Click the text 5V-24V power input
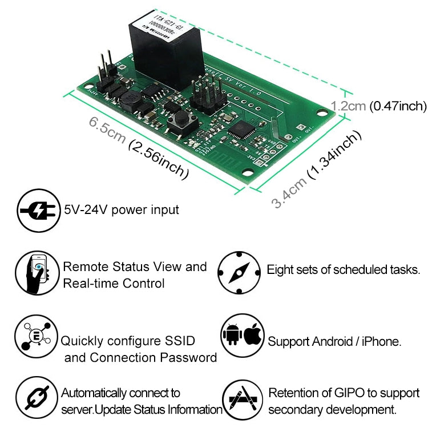pos(122,210)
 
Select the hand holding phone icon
pos(38,273)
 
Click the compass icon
pos(239,274)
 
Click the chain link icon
pos(37,399)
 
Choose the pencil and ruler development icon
pos(239,399)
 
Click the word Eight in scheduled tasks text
pos(280,269)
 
